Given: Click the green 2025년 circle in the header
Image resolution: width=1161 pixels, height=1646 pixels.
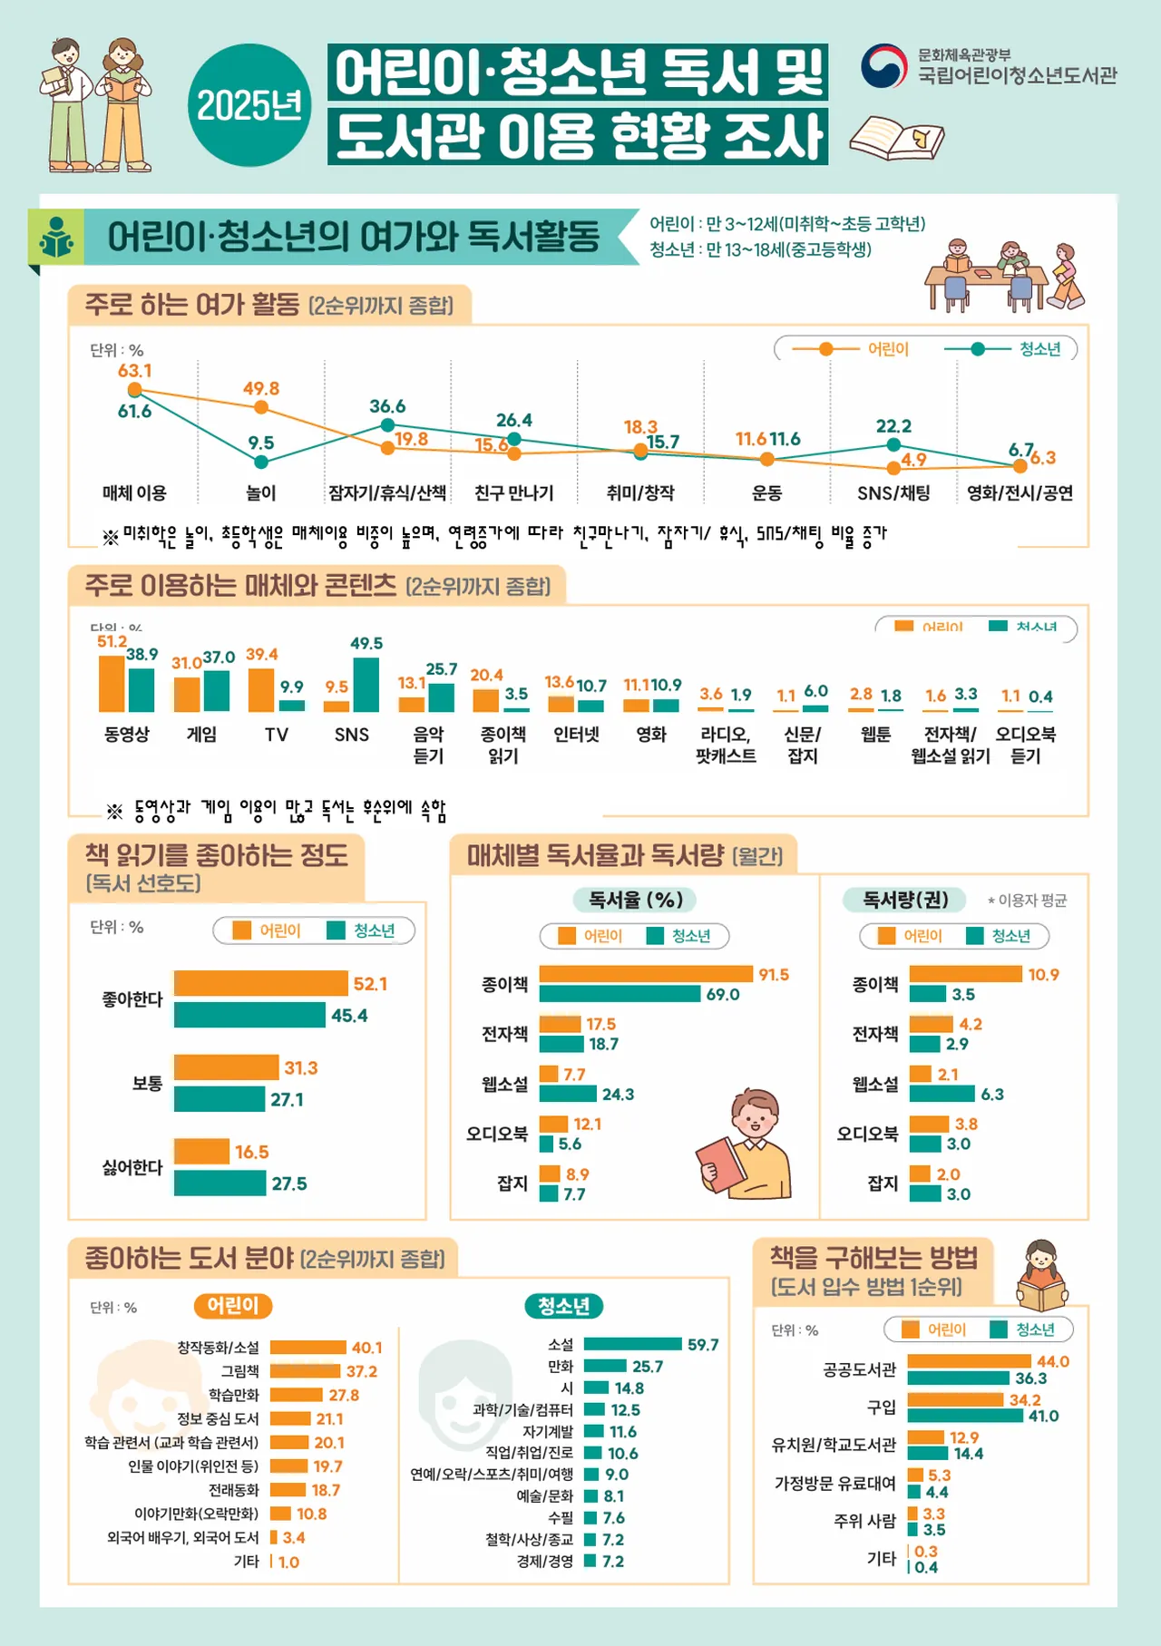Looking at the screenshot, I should point(249,105).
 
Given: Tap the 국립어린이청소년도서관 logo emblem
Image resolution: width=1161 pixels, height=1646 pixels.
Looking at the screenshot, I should point(883,66).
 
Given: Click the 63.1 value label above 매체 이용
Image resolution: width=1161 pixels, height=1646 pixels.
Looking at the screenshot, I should point(135,371).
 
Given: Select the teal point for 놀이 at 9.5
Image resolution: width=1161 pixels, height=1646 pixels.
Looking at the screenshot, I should point(261,463).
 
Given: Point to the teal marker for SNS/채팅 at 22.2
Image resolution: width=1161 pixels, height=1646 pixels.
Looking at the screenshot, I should point(893,444).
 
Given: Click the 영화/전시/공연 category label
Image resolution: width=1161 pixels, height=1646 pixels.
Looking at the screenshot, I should point(1020,493).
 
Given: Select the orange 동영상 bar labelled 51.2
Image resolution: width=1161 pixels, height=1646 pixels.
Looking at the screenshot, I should point(112,683).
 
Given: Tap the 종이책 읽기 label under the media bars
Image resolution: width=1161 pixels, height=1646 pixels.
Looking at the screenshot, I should point(503,745).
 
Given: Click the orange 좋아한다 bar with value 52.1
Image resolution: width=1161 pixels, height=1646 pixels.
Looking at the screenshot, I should point(261,983).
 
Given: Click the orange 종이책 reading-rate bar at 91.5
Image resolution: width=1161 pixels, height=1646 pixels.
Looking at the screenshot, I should point(646,974).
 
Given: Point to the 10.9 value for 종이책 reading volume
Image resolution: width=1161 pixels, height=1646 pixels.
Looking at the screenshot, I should point(1043,975).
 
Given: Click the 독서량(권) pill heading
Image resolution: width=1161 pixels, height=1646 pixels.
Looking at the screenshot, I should point(905,900).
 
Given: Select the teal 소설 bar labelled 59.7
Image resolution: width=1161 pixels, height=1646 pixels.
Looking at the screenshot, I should point(632,1344).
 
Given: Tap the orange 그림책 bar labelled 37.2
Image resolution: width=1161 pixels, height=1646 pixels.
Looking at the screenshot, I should point(305,1371).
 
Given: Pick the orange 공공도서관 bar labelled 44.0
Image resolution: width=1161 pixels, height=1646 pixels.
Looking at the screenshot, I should point(969,1361).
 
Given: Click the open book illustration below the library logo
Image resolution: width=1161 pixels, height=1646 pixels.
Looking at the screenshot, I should point(896,139).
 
